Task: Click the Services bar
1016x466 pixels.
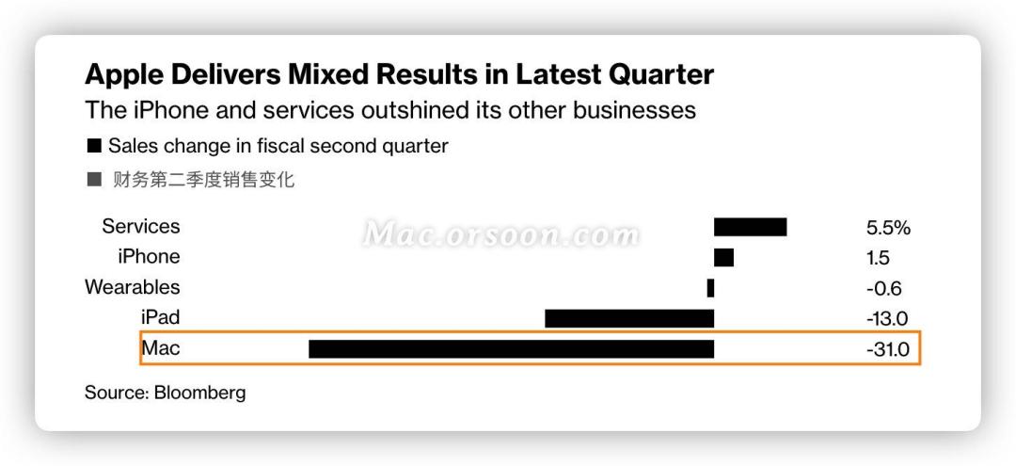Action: pos(750,227)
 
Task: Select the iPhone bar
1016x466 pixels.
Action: pos(723,257)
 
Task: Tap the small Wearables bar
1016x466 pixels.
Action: pos(710,288)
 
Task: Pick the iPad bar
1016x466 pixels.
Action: pos(629,318)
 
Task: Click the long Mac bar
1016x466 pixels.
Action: pos(511,349)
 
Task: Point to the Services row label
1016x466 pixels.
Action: pos(141,227)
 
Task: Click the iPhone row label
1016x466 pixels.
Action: pos(149,257)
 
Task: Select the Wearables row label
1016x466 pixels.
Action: pos(132,287)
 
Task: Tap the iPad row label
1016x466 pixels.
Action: pos(159,317)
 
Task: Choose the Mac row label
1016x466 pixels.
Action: pos(160,348)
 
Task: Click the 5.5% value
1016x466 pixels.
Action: pos(888,228)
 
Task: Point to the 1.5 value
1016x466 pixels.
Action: pos(877,258)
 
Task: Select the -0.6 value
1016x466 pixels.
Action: pos(882,289)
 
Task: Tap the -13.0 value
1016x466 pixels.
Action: pos(886,319)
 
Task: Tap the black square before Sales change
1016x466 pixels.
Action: pos(93,147)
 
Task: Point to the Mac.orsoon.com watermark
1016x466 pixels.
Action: pos(501,233)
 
